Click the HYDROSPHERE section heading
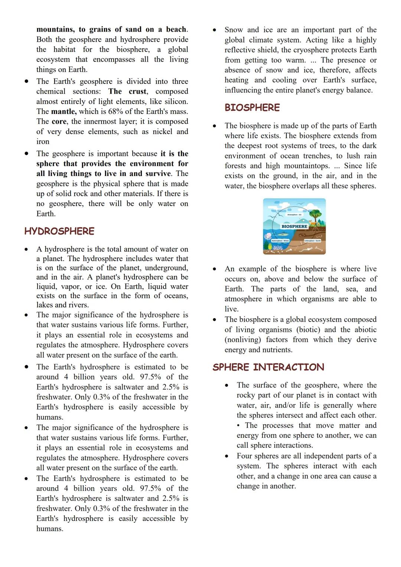(59, 231)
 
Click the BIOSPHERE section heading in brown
(252, 108)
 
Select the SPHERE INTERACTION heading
(268, 367)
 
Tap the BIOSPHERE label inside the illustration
(294, 226)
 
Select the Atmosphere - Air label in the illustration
(294, 215)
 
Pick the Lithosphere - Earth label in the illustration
(312, 241)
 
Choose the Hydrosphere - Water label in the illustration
(280, 241)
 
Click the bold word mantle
(63, 111)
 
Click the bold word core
(59, 121)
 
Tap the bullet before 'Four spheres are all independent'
(227, 456)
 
